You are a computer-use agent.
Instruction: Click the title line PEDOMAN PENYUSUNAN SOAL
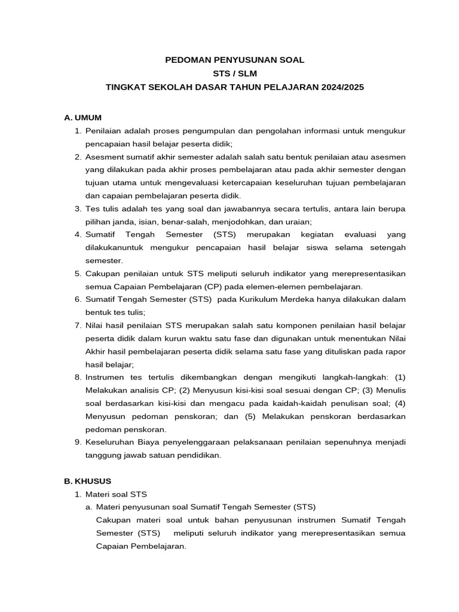click(x=234, y=60)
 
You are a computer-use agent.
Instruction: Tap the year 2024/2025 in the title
click(x=341, y=87)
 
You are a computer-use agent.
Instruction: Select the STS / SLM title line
click(x=234, y=74)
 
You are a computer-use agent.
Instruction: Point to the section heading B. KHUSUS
click(x=87, y=481)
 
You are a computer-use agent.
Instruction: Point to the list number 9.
click(x=78, y=442)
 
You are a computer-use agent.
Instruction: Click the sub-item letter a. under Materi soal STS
click(x=88, y=507)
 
